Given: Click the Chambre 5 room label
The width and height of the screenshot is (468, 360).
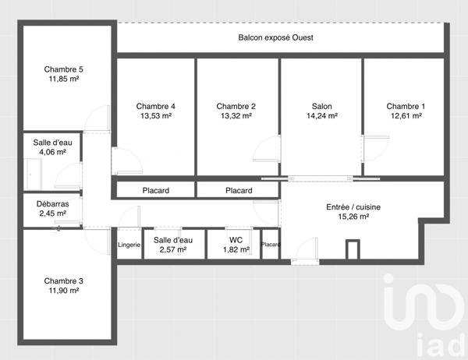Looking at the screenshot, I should (64, 69).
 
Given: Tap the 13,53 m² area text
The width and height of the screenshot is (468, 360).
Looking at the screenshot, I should (156, 116).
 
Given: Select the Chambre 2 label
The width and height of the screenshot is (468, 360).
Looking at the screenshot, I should (236, 106).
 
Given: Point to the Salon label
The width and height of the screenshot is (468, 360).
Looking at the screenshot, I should (321, 106).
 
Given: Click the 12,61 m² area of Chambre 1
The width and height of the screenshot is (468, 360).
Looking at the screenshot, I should (404, 116).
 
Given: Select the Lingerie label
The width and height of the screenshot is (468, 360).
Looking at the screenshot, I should (129, 245).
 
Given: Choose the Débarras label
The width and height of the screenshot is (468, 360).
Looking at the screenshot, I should (53, 204).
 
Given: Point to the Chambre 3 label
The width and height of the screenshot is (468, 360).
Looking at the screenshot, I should (64, 281).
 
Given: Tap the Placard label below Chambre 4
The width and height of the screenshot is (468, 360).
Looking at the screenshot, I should (156, 190).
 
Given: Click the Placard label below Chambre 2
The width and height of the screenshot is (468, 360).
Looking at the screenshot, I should (239, 190).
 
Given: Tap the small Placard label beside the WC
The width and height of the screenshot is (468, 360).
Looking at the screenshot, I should (271, 245).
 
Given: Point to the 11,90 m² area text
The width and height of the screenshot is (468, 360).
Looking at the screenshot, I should (64, 291).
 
